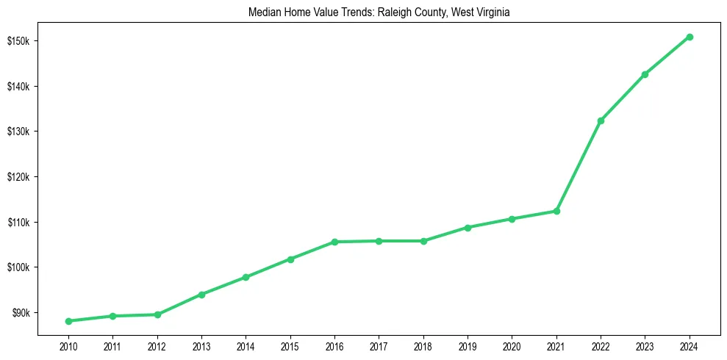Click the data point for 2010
(68, 321)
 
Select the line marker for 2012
(157, 314)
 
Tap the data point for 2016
(334, 242)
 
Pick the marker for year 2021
(556, 211)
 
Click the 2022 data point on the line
(601, 120)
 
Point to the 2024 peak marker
(690, 37)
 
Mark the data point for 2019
(468, 227)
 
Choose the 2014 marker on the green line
(246, 277)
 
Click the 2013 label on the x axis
(201, 345)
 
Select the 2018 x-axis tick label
(423, 345)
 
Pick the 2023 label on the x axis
(645, 345)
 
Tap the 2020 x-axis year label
(512, 345)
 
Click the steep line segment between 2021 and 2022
(579, 166)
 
